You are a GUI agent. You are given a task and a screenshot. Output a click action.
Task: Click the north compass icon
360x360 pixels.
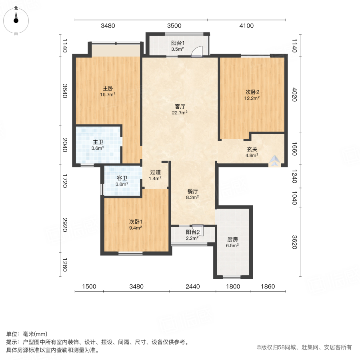pos(16,20)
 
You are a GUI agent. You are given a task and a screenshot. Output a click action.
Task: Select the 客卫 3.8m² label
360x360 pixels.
pos(122,181)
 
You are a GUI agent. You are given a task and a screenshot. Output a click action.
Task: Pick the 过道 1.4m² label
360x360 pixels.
pos(155,175)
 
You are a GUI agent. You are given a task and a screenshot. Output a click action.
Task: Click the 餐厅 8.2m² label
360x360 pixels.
pos(192,194)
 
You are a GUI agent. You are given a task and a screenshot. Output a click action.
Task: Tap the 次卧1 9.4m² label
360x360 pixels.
pos(136,224)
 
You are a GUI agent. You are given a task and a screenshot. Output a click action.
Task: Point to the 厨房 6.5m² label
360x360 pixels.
pos(232,242)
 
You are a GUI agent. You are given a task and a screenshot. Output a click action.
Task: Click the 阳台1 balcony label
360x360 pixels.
pos(177,46)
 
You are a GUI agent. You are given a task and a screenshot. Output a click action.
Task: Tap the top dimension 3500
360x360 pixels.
pos(174,26)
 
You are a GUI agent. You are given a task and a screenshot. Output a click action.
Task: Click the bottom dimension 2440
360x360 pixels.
pos(192,286)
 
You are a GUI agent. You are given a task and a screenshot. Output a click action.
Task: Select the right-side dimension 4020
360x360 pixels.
pos(294,94)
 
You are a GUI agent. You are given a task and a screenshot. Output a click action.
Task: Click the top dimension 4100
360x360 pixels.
pos(246,26)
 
